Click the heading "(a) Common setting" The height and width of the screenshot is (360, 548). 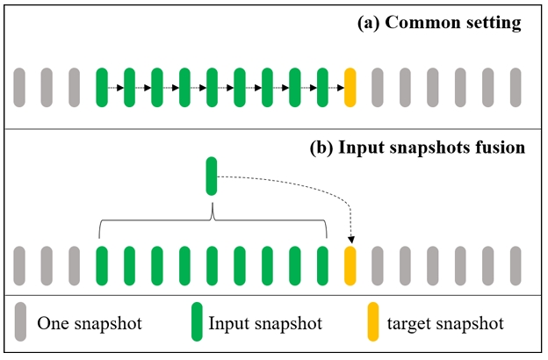[439, 24]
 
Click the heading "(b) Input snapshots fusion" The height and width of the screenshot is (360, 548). [417, 148]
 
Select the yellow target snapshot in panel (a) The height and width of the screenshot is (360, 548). [350, 87]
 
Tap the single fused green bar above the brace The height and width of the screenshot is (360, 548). [211, 176]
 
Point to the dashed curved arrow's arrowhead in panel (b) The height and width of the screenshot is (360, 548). [350, 240]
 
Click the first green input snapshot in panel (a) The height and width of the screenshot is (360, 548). [101, 87]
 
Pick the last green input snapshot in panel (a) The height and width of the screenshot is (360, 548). [322, 87]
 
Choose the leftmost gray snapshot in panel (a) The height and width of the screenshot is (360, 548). [19, 87]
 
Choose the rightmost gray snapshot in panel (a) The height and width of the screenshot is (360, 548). [516, 87]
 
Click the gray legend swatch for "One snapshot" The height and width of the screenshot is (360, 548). [20, 322]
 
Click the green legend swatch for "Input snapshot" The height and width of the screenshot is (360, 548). [198, 322]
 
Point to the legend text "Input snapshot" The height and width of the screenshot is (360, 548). [265, 324]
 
